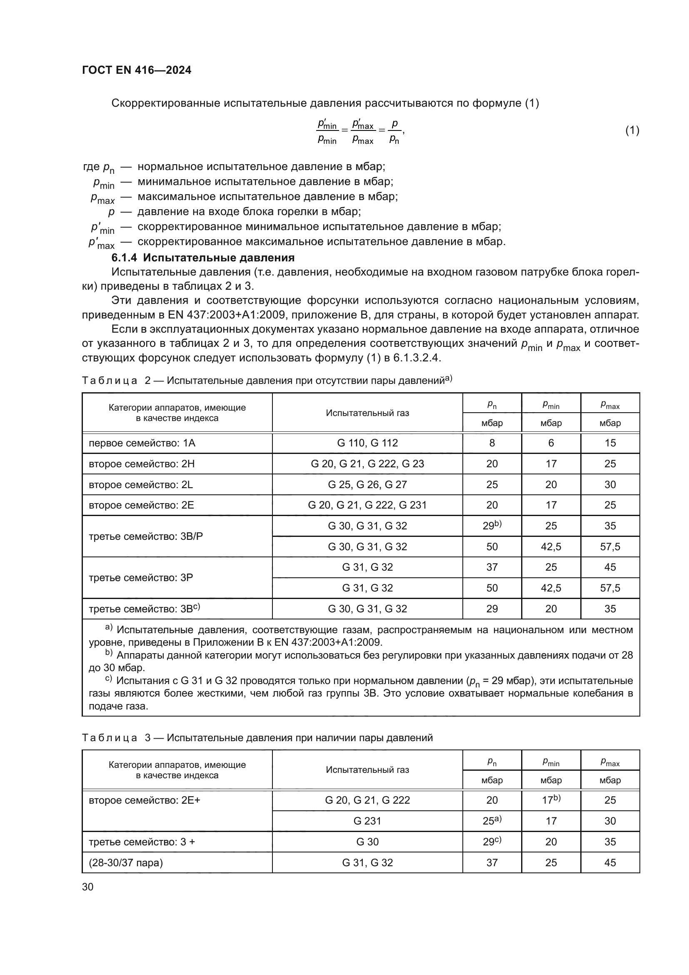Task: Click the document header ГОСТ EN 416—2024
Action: pos(136,70)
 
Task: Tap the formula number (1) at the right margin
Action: pos(632,130)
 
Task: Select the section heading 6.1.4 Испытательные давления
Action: pos(203,258)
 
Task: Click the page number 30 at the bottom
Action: pos(88,887)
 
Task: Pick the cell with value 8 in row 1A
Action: pos(492,443)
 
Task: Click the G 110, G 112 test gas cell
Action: pos(367,443)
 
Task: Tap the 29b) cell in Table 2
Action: pos(492,526)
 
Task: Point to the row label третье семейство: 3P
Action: pos(140,577)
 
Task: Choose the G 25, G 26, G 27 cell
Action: pos(367,484)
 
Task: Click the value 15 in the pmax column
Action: pos(610,443)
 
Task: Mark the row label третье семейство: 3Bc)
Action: pos(144,609)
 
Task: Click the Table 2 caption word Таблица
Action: pos(110,381)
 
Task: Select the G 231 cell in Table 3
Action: pos(367,821)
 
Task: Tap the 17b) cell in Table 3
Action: pos(551,800)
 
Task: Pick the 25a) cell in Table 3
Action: pos(492,821)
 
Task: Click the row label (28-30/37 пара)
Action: pos(125,862)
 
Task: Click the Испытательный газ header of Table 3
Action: pos(367,770)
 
